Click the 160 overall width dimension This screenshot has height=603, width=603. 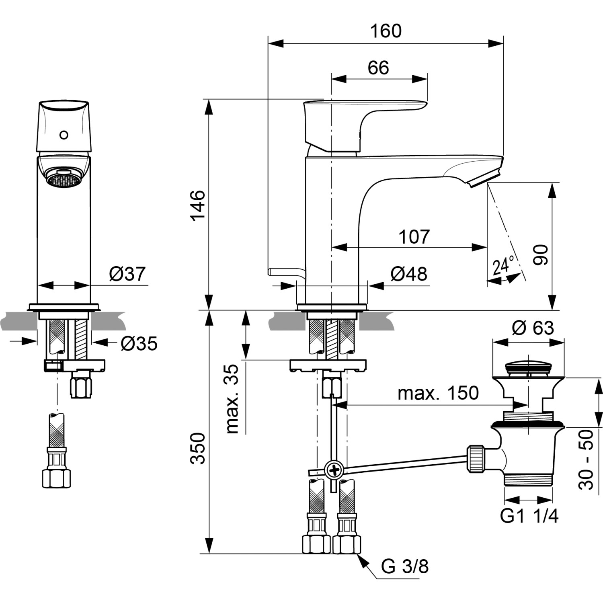pos(386,31)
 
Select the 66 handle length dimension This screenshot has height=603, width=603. pos(378,68)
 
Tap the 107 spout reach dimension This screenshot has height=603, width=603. pos(414,237)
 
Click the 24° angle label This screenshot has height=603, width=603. pos(503,266)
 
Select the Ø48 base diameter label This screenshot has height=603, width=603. pos(409,274)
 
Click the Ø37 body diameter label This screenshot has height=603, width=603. pos(127,274)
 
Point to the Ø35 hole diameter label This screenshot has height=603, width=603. pos(139,344)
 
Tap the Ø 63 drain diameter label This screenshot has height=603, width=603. pos(533,328)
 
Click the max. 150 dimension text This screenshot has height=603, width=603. pos(438,393)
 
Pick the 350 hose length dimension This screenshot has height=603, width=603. pos(198,448)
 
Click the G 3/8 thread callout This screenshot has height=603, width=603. pos(405,566)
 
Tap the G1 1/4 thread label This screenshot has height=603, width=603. pos(529,516)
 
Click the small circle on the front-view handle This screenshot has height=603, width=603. pos(64,135)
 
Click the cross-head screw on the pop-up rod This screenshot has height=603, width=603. pos(333,469)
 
